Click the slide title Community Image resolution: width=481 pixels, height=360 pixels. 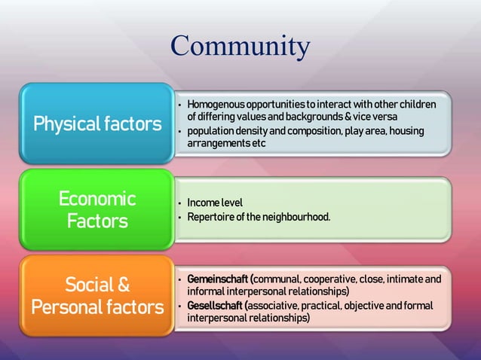(240, 46)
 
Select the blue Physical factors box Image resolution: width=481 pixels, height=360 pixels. (97, 124)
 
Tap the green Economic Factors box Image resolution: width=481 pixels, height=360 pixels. (97, 210)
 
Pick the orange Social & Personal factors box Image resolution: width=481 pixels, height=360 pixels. (97, 296)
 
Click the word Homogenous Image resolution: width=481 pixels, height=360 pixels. (214, 103)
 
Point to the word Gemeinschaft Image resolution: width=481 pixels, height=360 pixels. (219, 279)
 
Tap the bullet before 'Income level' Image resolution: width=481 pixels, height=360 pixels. (179, 204)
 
